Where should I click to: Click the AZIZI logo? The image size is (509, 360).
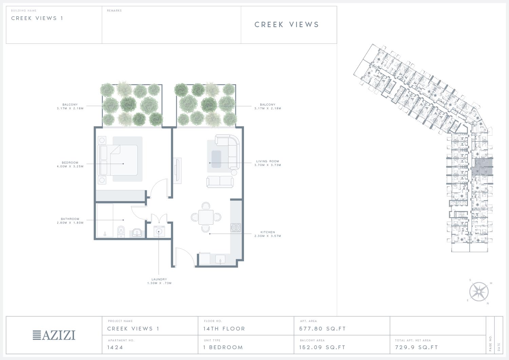pos(54,335)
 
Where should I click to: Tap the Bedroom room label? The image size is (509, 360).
pos(70,163)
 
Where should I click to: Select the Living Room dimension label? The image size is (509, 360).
pos(268,165)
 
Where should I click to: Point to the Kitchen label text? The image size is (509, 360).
pos(268,232)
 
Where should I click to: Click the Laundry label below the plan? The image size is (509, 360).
pos(159,279)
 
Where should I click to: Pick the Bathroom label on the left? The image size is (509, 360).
pos(70,219)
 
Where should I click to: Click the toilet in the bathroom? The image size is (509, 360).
pos(121,232)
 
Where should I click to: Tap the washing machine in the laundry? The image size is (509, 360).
pos(159,231)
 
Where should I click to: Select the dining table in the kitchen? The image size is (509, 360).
pos(206,217)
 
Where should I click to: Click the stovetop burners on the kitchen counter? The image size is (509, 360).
pos(236,227)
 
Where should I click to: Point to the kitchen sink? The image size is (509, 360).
pos(220,259)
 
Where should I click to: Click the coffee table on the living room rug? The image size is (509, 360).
pos(216,159)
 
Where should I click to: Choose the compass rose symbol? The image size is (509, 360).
pos(479,291)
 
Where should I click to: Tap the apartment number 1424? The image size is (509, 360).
pos(115,347)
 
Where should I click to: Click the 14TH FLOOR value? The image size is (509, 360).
pos(224,329)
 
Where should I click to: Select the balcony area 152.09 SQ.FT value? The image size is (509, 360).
pos(322,347)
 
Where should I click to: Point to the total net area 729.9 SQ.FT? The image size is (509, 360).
pos(416,347)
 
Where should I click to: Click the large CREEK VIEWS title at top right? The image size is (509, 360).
pos(287,24)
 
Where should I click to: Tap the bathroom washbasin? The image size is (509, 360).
pos(137,233)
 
